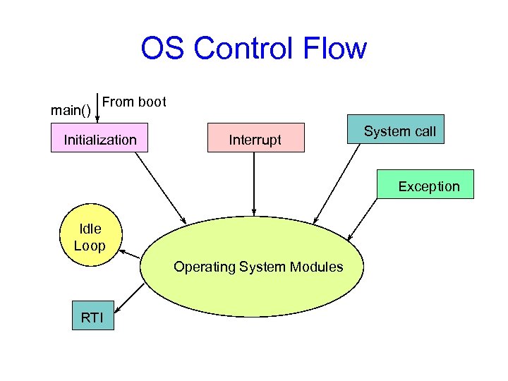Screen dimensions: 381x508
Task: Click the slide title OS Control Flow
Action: pyautogui.click(x=253, y=49)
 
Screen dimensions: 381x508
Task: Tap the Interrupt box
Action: pyautogui.click(x=255, y=140)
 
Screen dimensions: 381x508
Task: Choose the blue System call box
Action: pyautogui.click(x=399, y=131)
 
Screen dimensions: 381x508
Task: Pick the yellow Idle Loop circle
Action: pyautogui.click(x=90, y=237)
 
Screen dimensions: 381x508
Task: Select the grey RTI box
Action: pyautogui.click(x=92, y=317)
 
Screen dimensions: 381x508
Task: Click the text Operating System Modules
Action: pyautogui.click(x=258, y=267)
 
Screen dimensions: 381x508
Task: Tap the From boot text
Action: pyautogui.click(x=134, y=102)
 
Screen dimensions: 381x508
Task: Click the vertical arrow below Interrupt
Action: pyautogui.click(x=253, y=181)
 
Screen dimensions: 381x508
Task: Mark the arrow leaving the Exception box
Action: pyautogui.click(x=365, y=219)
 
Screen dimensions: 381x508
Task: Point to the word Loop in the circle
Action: pyautogui.click(x=90, y=246)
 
